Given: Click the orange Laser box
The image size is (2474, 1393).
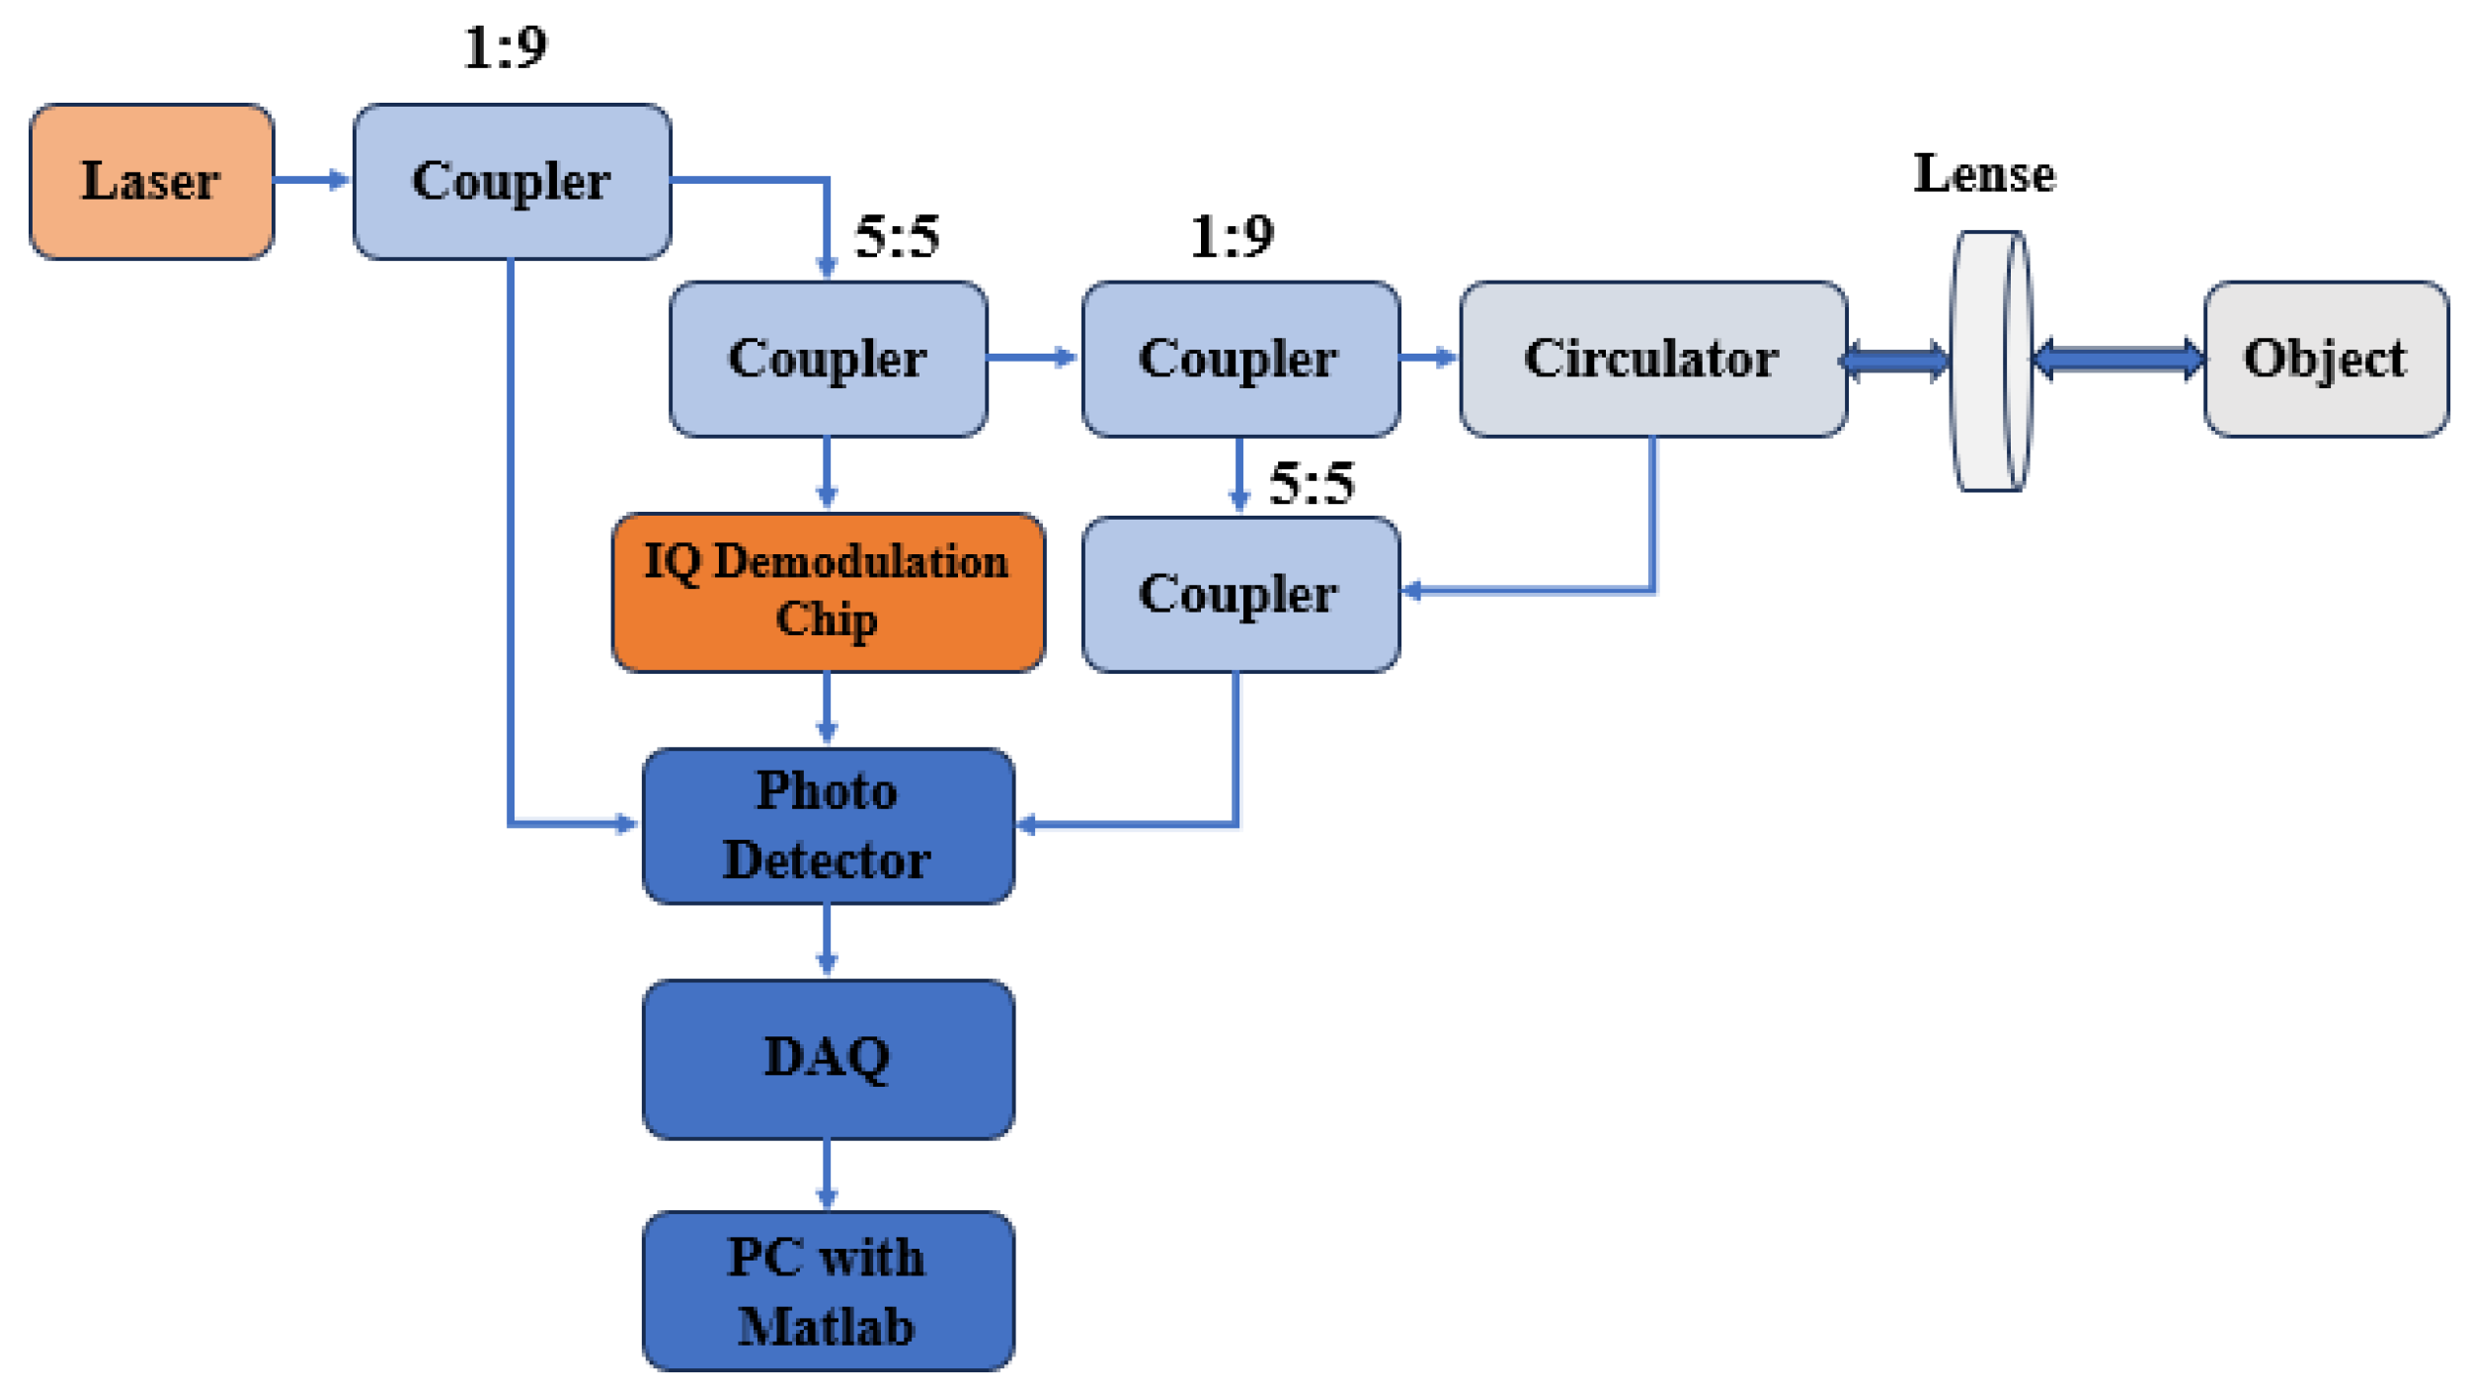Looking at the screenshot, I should [x=151, y=182].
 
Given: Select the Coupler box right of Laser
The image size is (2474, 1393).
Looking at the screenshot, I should [x=512, y=182].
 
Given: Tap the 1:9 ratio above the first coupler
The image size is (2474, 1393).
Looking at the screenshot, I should [x=505, y=47].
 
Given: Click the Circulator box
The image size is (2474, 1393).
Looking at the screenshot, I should [x=1652, y=359].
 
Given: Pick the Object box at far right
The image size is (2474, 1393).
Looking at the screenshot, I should [x=2325, y=359].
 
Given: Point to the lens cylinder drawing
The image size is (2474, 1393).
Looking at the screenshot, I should [x=1989, y=361].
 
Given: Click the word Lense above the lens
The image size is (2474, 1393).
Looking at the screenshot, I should [x=1983, y=174].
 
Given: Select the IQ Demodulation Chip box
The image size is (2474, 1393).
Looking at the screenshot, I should [x=828, y=592].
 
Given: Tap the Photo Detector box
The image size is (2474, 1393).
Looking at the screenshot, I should [x=828, y=825].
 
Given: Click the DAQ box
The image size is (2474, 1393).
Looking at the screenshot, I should [x=828, y=1058].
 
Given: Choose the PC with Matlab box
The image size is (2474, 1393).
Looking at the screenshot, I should [x=828, y=1290].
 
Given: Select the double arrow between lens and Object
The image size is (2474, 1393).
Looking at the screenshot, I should [x=2117, y=359].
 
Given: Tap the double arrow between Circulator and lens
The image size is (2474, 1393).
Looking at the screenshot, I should [x=1895, y=361].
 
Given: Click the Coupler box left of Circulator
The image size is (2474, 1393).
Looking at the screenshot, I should [x=1239, y=359].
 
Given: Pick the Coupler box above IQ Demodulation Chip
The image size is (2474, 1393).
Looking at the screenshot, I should [x=828, y=359].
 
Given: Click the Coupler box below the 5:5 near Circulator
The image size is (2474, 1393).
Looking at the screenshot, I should [x=1239, y=594].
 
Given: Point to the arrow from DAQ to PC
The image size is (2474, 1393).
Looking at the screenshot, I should [x=827, y=1175].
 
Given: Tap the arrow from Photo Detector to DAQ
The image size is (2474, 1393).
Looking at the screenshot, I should [x=827, y=941].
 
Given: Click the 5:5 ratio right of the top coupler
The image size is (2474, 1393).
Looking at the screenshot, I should [x=896, y=237].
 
